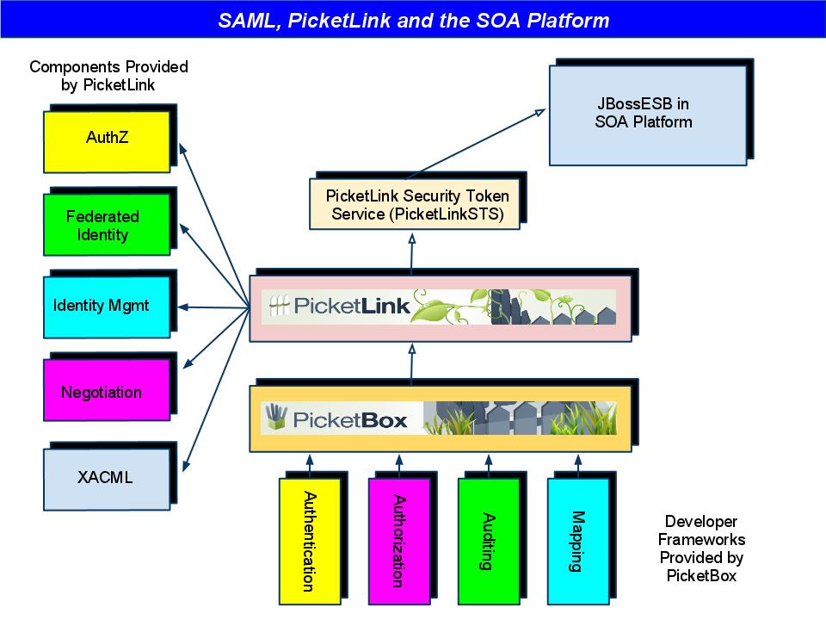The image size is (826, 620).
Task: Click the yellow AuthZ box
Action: click(107, 139)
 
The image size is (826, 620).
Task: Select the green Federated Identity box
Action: click(107, 226)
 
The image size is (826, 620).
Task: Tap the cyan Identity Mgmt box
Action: click(107, 306)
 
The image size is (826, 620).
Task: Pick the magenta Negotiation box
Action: click(107, 393)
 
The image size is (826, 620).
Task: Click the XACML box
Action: click(107, 477)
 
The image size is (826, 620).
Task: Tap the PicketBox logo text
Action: click(348, 420)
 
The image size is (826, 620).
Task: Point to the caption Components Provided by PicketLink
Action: click(108, 76)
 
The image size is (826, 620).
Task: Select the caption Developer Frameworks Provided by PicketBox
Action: click(701, 549)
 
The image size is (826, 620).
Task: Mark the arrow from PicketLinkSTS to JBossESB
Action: click(473, 142)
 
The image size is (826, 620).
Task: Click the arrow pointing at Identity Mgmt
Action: click(215, 307)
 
